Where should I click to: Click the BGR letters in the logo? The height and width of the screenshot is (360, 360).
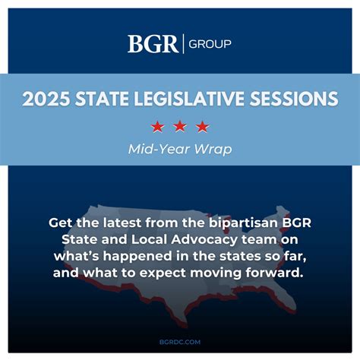coord(153,44)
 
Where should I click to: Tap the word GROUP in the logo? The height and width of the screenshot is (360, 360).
coord(208,44)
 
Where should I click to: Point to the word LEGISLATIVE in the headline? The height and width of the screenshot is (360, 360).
coord(194,99)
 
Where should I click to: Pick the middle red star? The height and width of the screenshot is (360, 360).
coord(180,125)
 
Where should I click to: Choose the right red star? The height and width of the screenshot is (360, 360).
coord(202,125)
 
